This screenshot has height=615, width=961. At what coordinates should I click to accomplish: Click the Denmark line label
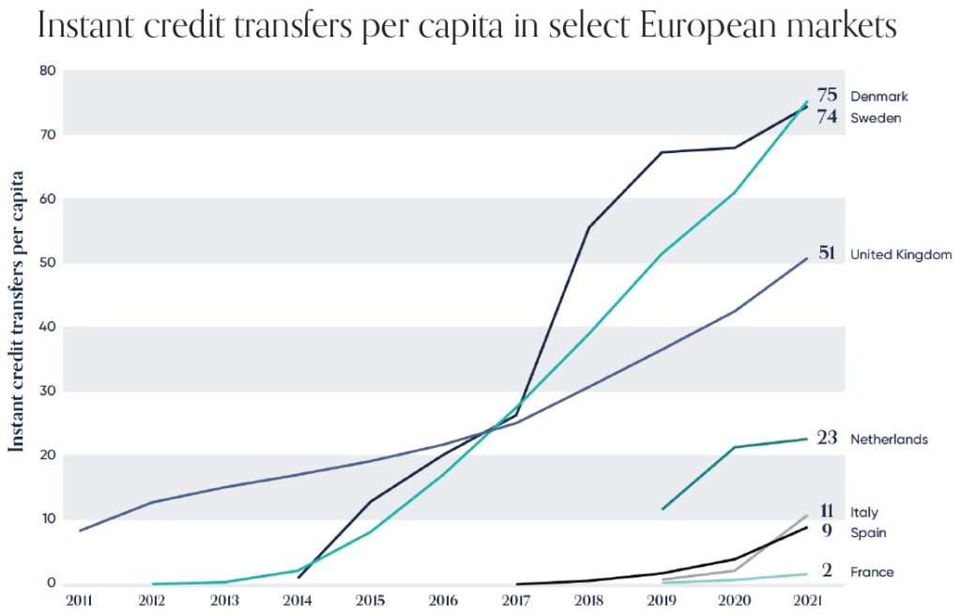point(878,96)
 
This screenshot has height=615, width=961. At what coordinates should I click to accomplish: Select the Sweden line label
point(876,118)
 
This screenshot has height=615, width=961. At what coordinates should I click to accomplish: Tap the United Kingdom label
point(901,254)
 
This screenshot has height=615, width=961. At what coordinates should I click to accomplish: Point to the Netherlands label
point(889,438)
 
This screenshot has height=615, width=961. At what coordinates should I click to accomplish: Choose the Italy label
point(863,513)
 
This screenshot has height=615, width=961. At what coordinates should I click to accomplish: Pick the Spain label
point(867,532)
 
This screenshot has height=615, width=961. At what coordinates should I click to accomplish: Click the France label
point(872,572)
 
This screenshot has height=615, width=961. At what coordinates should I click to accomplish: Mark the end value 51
point(827,254)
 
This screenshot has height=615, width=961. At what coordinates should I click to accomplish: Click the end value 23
point(827,438)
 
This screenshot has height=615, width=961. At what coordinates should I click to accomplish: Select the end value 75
point(827,95)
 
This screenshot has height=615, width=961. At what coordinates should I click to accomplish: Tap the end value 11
point(827,512)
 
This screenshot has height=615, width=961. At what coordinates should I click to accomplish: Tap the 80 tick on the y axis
point(48,71)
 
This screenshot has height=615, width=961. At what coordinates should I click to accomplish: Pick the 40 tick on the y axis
point(48,327)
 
